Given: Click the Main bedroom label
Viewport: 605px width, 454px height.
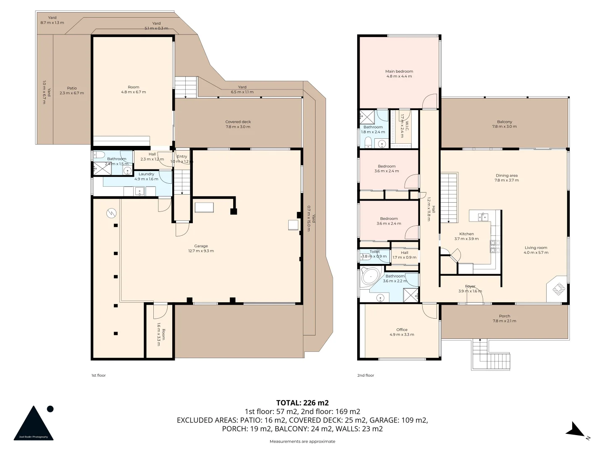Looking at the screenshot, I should [399, 74].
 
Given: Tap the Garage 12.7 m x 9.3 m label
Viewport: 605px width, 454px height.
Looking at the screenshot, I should [201, 248].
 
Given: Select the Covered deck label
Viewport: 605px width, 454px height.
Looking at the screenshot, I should [238, 124].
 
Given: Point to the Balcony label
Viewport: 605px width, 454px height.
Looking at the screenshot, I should [504, 124].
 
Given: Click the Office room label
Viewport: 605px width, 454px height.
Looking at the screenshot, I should [402, 332].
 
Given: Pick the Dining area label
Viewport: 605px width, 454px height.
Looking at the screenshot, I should [506, 178].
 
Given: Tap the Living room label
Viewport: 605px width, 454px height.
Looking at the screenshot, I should [536, 250].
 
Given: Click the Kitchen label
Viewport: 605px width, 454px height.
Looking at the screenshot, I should [466, 236].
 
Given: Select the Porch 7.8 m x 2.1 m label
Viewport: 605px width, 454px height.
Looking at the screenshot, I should [504, 318].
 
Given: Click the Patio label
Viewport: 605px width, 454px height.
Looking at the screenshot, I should [71, 90].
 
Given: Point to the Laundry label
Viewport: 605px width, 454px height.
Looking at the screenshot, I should [146, 176].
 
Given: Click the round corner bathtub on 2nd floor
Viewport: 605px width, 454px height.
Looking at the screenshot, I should [371, 277].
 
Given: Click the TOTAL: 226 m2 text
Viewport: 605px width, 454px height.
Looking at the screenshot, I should [302, 403].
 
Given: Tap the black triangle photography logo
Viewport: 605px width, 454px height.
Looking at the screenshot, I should [34, 423].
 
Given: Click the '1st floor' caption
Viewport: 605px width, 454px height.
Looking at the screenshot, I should [98, 375].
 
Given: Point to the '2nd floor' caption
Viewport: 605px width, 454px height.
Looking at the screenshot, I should [366, 375].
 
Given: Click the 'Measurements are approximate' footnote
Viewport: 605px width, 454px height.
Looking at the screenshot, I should [302, 441].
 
